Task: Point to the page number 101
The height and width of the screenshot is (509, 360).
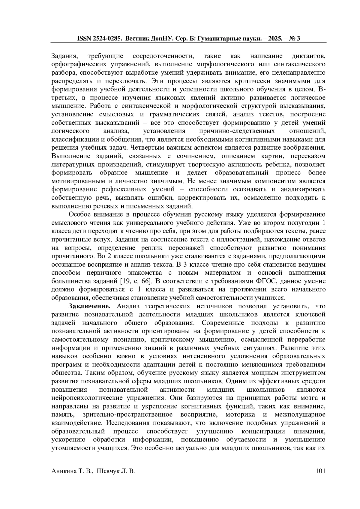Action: coord(321,471)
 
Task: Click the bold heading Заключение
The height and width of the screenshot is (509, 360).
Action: coord(90,306)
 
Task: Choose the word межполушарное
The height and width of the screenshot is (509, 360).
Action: coord(300,415)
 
